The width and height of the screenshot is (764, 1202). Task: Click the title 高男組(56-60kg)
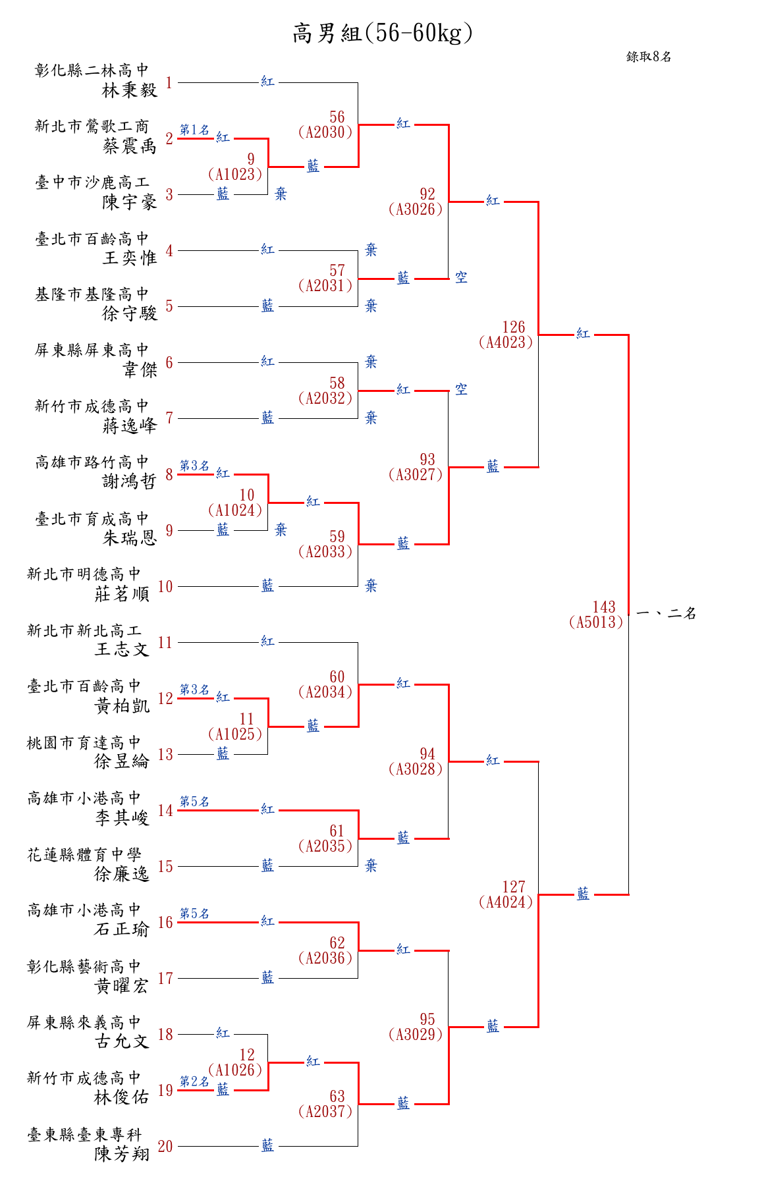pyautogui.click(x=383, y=33)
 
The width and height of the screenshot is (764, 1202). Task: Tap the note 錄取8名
pyautogui.click(x=649, y=57)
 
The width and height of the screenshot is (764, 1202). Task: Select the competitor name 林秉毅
pyautogui.click(x=130, y=90)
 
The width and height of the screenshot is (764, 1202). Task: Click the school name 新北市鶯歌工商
pyautogui.click(x=92, y=126)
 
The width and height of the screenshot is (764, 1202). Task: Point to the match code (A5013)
pyautogui.click(x=596, y=622)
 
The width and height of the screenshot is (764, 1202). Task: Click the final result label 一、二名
pyautogui.click(x=667, y=614)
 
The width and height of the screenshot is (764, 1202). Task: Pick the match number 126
pyautogui.click(x=514, y=327)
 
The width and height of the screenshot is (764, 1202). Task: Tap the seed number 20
pyautogui.click(x=165, y=1147)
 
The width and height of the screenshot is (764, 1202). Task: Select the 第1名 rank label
pyautogui.click(x=194, y=130)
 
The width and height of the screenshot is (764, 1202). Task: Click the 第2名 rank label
pyautogui.click(x=194, y=1081)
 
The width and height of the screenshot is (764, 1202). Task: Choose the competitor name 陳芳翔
pyautogui.click(x=122, y=1154)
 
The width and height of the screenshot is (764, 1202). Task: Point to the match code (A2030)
pyautogui.click(x=325, y=132)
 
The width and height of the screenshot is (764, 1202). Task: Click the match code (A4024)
pyautogui.click(x=506, y=902)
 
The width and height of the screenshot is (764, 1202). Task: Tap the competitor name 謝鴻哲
pyautogui.click(x=130, y=481)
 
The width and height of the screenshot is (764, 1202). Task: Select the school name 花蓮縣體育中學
pyautogui.click(x=84, y=855)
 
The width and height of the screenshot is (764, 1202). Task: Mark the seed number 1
pyautogui.click(x=169, y=83)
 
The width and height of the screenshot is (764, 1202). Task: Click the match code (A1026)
pyautogui.click(x=235, y=1070)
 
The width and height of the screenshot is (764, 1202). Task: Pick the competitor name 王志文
pyautogui.click(x=122, y=649)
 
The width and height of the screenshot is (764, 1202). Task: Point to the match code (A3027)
pyautogui.click(x=416, y=474)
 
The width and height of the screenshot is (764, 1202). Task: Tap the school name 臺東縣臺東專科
pyautogui.click(x=84, y=1135)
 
